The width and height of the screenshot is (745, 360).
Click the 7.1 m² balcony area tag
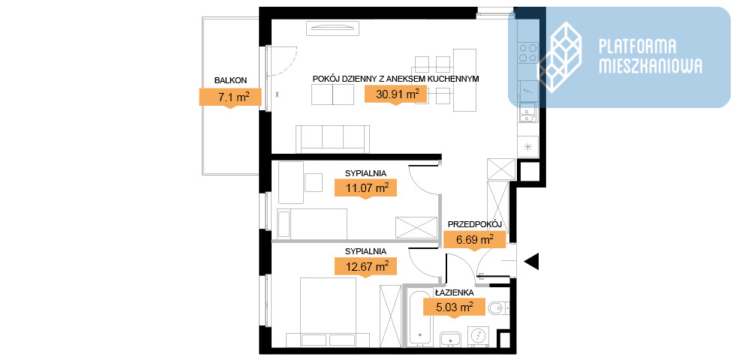(x=230, y=97)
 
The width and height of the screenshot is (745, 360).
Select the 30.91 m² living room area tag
(x=395, y=94)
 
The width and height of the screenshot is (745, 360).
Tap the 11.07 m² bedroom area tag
(x=365, y=188)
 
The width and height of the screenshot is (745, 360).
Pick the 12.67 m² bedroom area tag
(x=365, y=266)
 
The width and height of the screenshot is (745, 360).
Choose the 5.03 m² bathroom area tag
(x=454, y=307)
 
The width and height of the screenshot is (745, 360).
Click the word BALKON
(x=230, y=80)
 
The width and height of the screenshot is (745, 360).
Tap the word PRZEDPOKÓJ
(x=474, y=224)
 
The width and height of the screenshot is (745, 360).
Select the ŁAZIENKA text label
(x=455, y=292)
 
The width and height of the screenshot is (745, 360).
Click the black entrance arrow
(x=531, y=261)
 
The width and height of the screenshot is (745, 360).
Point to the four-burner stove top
(x=528, y=52)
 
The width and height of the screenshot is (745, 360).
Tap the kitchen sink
(x=528, y=112)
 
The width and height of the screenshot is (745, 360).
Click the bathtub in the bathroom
(x=419, y=315)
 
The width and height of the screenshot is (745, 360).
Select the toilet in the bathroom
(x=498, y=308)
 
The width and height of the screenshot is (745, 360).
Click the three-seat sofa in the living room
(x=332, y=139)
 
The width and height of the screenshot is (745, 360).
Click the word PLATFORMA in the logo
(x=638, y=46)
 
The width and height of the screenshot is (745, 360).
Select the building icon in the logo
(x=560, y=58)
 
